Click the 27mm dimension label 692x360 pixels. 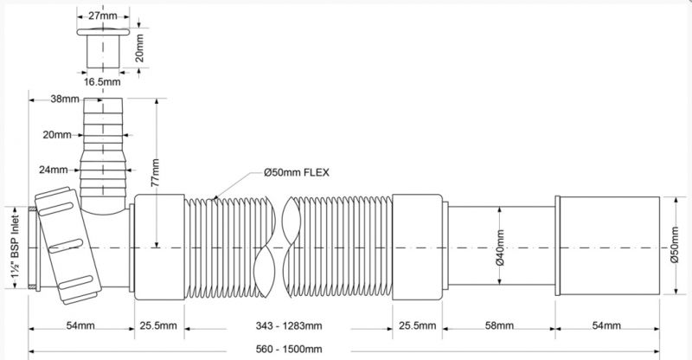(103, 16)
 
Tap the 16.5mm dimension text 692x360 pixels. (102, 81)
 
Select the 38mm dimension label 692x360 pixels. (64, 99)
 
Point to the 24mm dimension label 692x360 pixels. (54, 170)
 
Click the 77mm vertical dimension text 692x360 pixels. (155, 172)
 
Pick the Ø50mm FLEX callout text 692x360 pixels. (297, 172)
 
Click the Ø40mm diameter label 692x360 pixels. (500, 247)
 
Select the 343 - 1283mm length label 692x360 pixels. (289, 326)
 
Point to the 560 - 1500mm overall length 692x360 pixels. (289, 349)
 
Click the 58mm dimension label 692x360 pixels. (499, 326)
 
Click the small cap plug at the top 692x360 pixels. (103, 48)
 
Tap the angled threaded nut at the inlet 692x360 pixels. (68, 246)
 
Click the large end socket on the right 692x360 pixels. (607, 245)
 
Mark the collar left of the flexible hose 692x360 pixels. (159, 247)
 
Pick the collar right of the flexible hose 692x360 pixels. (418, 247)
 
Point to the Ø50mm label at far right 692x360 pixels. (674, 245)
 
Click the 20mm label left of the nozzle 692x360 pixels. (57, 135)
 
